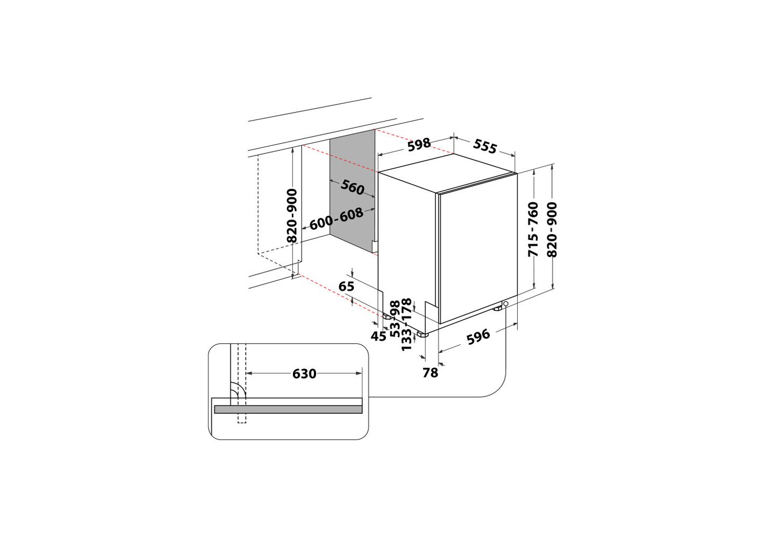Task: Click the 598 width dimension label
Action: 419,144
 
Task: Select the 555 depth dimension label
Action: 485,146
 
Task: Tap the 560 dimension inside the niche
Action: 353,187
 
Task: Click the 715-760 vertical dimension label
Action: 533,229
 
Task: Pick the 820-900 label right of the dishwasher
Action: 552,229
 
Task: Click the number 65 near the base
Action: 346,286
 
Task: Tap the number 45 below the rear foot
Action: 378,336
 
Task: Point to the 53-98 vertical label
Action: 395,319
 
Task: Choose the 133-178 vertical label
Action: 406,324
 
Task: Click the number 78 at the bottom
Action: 430,373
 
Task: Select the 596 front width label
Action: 478,337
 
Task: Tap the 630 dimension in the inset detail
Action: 304,374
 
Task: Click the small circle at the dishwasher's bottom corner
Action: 506,303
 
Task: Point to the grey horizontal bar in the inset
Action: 288,409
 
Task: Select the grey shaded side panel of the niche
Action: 353,192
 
